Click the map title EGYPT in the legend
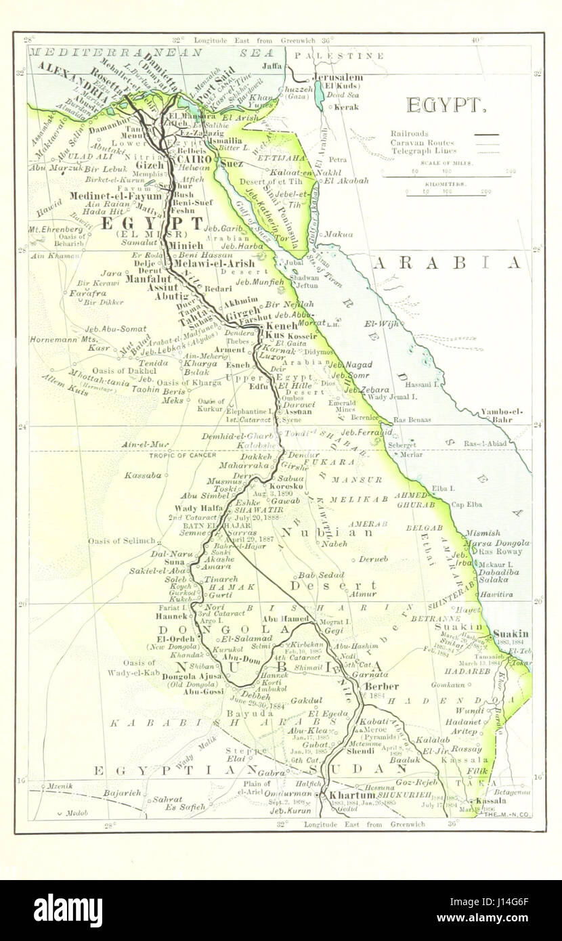444,105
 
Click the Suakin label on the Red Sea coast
511,634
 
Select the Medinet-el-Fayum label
125,196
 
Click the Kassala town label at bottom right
491,800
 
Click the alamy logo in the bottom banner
68,911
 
